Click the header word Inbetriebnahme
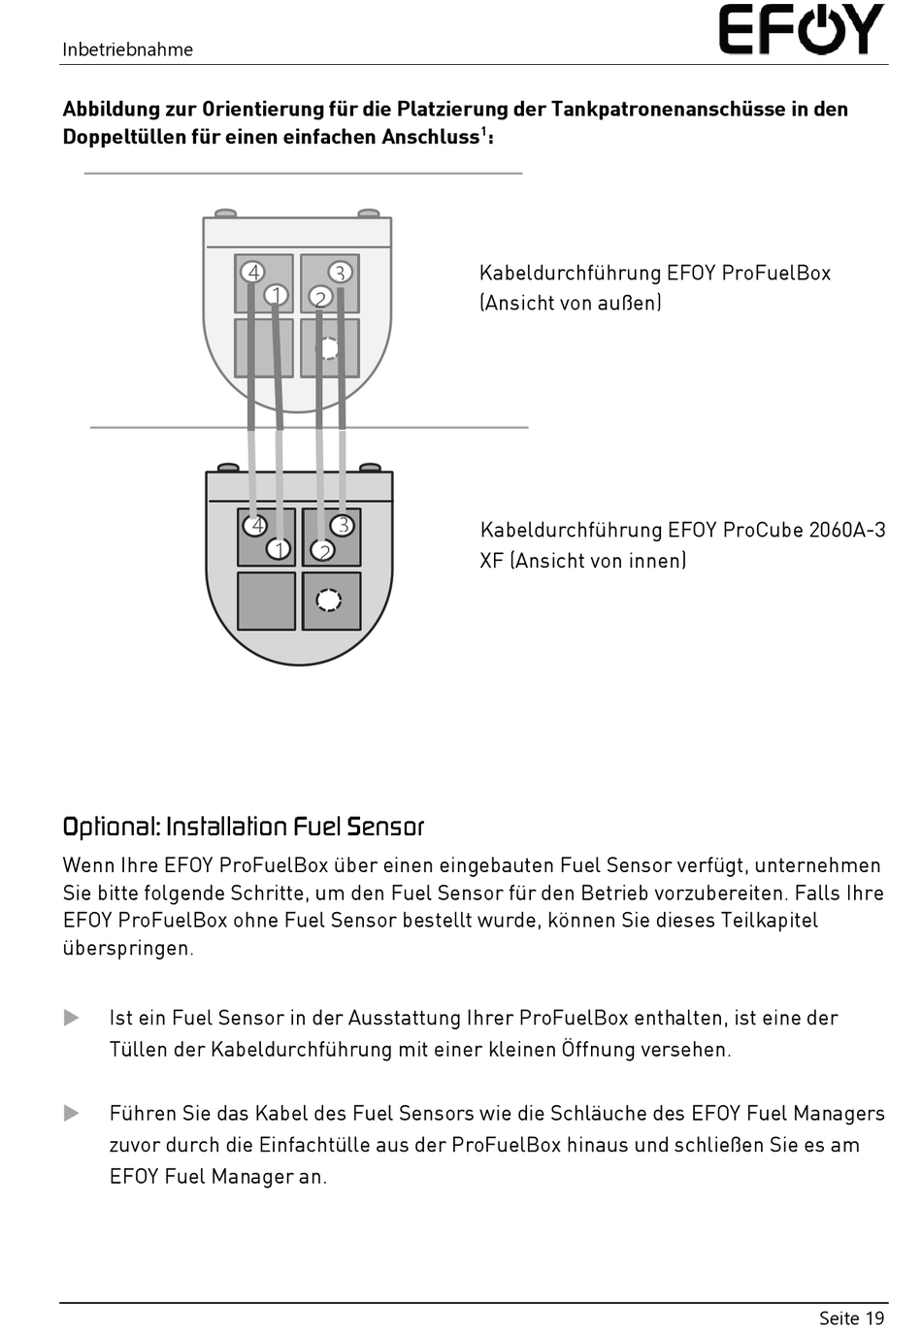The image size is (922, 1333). pos(127,49)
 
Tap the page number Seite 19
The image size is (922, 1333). pos(851,1317)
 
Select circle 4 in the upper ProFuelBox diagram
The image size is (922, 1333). pos(253,272)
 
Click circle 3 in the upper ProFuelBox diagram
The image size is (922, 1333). pos(340,273)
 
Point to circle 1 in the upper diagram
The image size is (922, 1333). pos(277,294)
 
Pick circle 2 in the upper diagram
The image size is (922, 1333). pos(320,297)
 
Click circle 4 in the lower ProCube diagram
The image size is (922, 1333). pos(256,525)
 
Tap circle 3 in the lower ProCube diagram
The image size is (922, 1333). pos(342,525)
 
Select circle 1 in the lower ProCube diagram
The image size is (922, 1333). pos(280,550)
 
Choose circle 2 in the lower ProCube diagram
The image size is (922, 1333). pos(322,550)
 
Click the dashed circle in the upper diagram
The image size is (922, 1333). pos(329,347)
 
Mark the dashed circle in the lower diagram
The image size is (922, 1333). pos(329,601)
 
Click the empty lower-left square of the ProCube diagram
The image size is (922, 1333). pos(266,601)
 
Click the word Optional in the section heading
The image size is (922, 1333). pos(110,827)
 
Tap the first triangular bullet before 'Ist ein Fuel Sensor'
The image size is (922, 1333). pos(72,1018)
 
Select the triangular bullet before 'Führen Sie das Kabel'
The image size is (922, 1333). pos(72,1113)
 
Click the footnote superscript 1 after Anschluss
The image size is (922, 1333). pos(484,130)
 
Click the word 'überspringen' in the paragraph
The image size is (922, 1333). pos(127,948)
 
